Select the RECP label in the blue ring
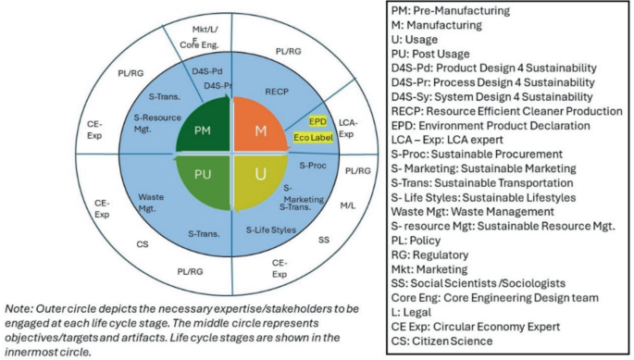coord(279,93)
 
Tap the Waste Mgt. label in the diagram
coord(153,202)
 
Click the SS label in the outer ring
coord(323,239)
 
